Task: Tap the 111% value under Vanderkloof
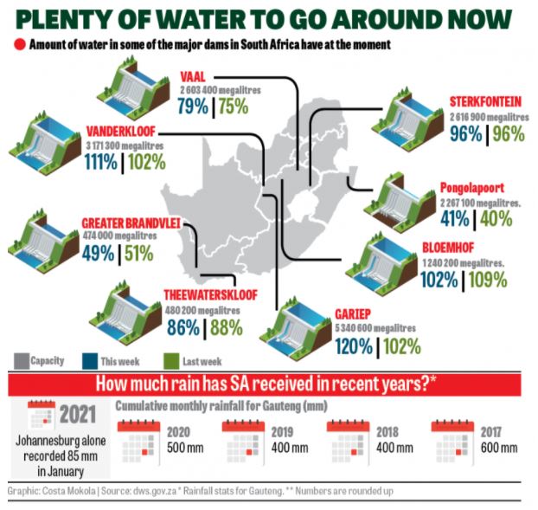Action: point(103,161)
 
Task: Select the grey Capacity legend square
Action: point(22,360)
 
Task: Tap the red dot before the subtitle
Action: point(18,43)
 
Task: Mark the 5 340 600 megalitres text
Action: point(375,328)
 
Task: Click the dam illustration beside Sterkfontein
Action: point(413,109)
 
